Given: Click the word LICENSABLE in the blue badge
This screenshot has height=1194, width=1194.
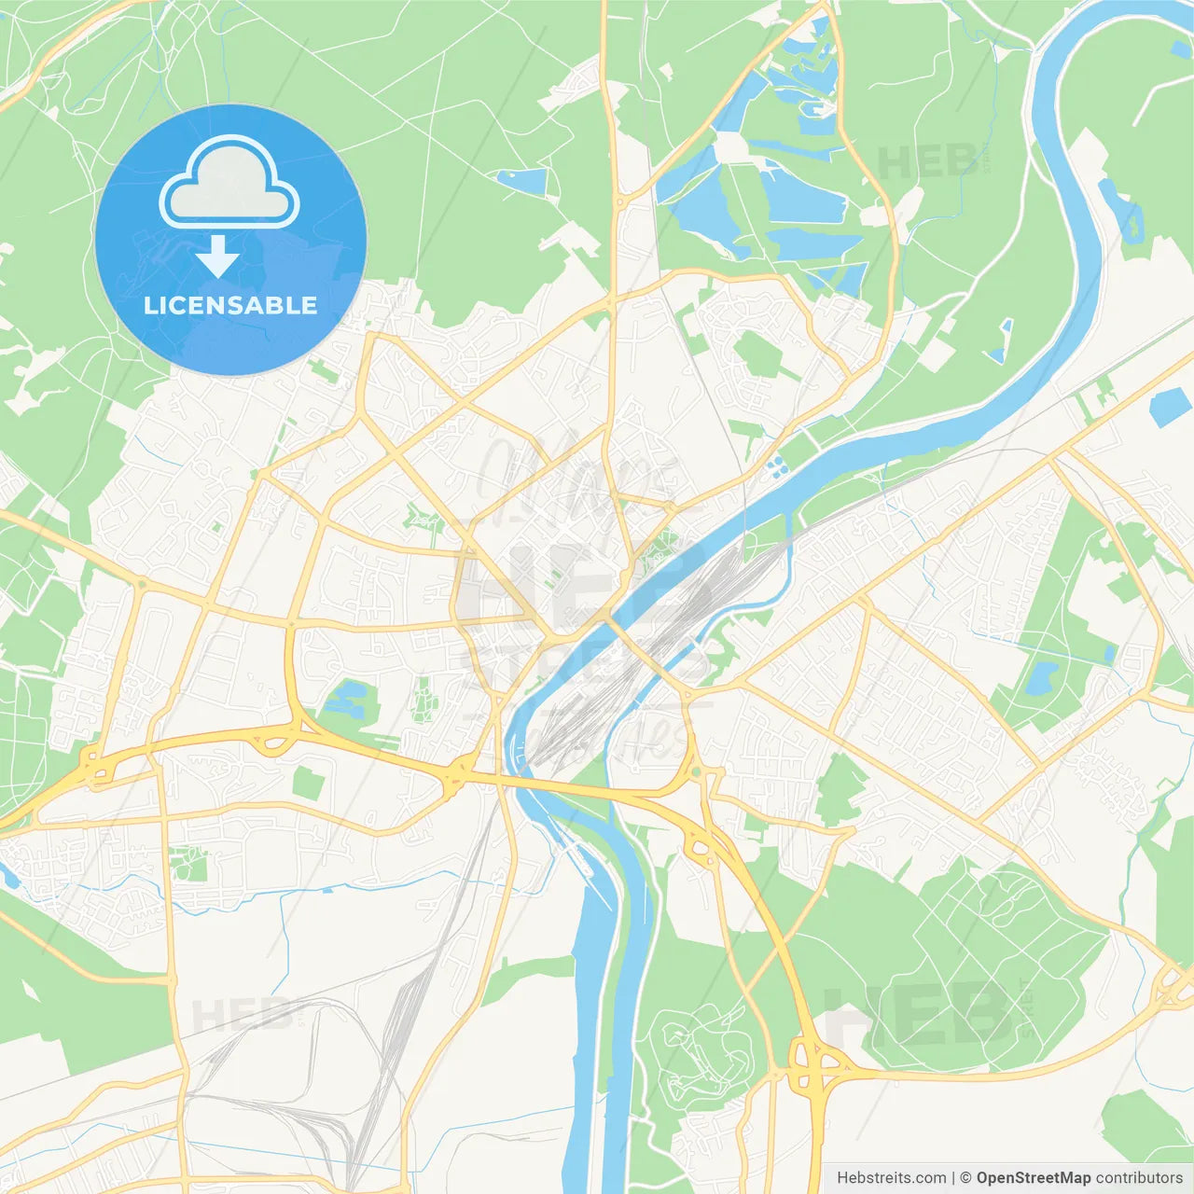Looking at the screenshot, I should click(230, 305).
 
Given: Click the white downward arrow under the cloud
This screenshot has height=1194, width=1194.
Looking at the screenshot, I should click(217, 257).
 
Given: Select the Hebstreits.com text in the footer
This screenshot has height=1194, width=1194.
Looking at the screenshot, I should click(891, 1178).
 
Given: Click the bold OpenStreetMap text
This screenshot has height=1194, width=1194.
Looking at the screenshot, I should click(1033, 1178).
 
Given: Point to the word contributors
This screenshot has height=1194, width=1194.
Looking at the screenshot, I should click(1139, 1178).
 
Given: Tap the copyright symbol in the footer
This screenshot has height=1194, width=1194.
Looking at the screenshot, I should click(965, 1178).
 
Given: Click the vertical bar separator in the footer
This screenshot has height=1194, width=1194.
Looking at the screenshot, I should click(952, 1178).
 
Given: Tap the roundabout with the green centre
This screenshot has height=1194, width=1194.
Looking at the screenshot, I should click(696, 771).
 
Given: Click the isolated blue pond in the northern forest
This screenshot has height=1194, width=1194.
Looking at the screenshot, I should click(522, 180).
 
